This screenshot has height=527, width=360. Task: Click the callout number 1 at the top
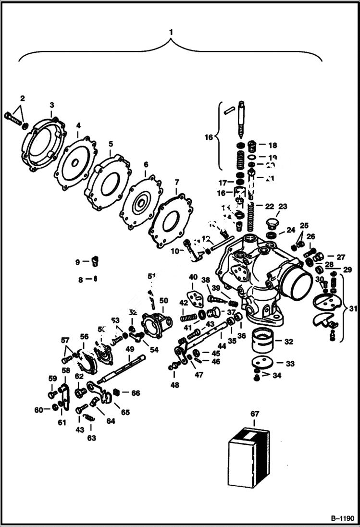[170, 32]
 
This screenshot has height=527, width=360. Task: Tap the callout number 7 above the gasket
[176, 183]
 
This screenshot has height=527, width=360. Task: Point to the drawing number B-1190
[342, 519]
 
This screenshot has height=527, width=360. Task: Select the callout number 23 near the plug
[283, 207]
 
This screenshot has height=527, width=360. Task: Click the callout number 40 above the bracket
[193, 277]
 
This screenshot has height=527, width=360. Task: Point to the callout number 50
[164, 300]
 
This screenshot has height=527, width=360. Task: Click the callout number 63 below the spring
[91, 438]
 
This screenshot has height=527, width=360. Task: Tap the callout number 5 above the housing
[111, 143]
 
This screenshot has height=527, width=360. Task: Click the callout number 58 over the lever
[66, 370]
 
